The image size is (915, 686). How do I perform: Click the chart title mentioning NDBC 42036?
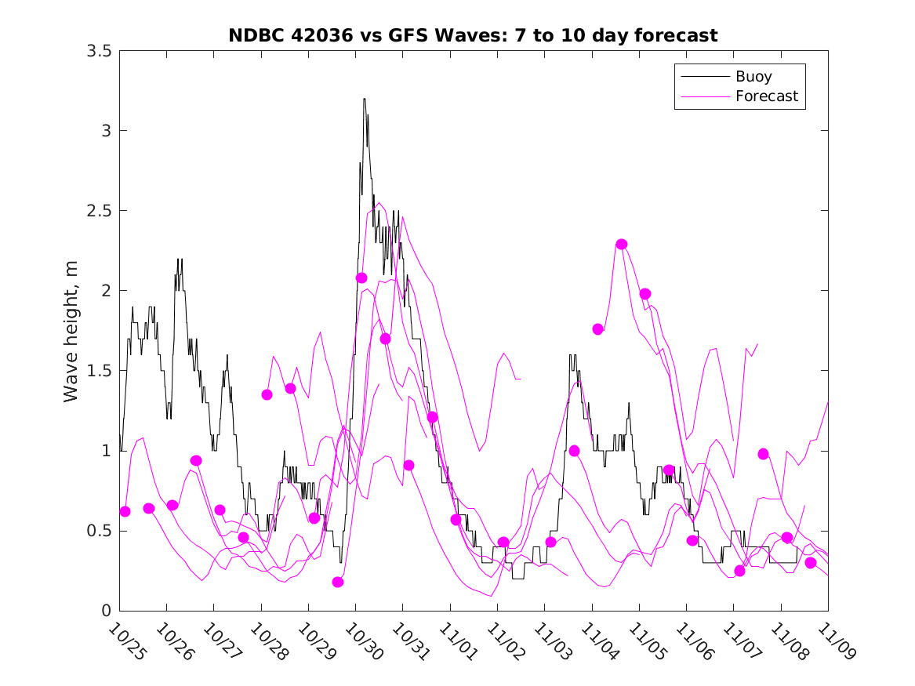pyautogui.click(x=473, y=35)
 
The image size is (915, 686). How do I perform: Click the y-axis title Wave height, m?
pyautogui.click(x=71, y=331)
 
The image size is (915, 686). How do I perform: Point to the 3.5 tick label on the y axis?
pyautogui.click(x=99, y=51)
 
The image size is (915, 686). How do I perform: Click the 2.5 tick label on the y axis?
pyautogui.click(x=99, y=211)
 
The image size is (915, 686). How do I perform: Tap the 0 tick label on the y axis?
pyautogui.click(x=105, y=611)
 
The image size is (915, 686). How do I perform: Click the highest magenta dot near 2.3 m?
pyautogui.click(x=622, y=244)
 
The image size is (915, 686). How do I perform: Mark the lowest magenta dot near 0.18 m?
pyautogui.click(x=338, y=582)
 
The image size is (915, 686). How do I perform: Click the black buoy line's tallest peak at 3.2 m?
pyautogui.click(x=365, y=100)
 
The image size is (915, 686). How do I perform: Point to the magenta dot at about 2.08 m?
pyautogui.click(x=361, y=278)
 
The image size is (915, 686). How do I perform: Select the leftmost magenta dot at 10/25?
pyautogui.click(x=125, y=511)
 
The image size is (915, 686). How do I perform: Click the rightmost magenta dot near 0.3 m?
pyautogui.click(x=811, y=563)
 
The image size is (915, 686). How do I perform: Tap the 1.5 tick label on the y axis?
pyautogui.click(x=99, y=371)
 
